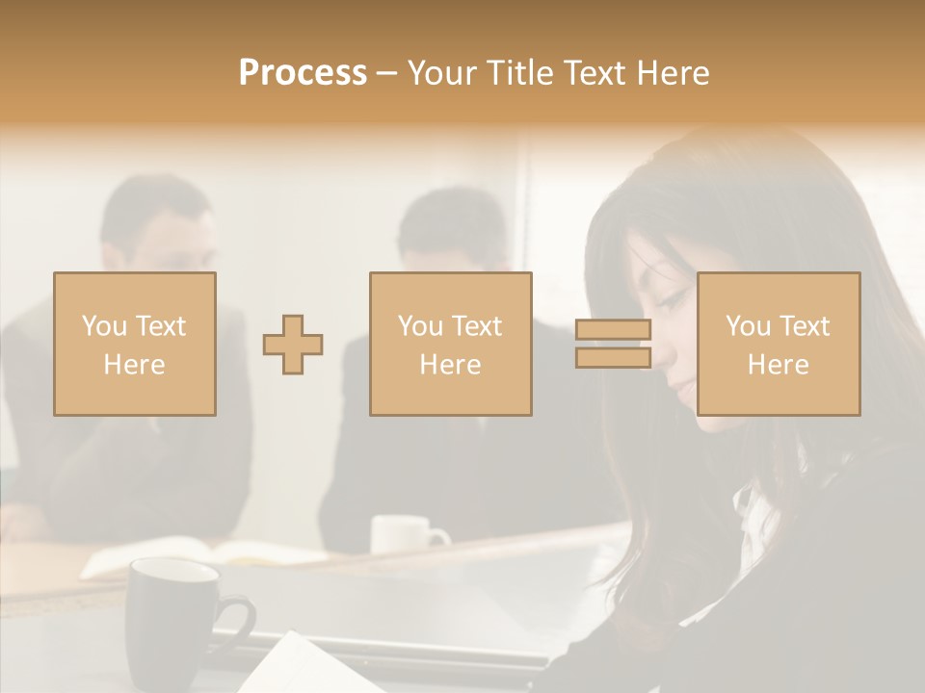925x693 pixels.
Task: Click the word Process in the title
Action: coord(303,72)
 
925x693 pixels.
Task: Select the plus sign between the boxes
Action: coord(293,345)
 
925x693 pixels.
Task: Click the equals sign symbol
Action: coord(613,344)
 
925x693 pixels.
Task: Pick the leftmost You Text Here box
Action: coord(134,344)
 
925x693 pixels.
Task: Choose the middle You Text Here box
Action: coord(450,344)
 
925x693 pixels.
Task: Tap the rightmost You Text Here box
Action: coord(778,344)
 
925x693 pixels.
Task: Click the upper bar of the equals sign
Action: coord(613,330)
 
